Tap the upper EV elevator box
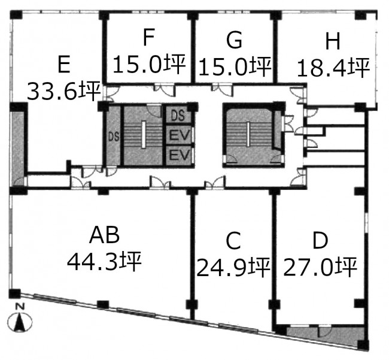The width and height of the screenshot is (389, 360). click(x=178, y=135)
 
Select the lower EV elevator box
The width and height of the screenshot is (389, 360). click(x=178, y=156)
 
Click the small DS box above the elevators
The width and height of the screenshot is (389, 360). click(x=178, y=116)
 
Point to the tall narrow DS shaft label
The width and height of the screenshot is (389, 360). click(x=114, y=137)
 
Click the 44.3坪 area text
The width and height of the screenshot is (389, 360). click(x=104, y=261)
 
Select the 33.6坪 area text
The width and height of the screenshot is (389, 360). click(x=64, y=91)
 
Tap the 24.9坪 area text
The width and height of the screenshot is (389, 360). click(x=233, y=267)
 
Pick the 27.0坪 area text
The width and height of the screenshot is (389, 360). click(x=320, y=267)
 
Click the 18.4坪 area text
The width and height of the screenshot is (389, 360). click(x=333, y=68)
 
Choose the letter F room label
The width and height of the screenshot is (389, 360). click(x=149, y=38)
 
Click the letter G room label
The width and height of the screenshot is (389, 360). click(x=235, y=40)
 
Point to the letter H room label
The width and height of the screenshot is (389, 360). click(x=332, y=41)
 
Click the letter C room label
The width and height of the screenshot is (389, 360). click(x=233, y=240)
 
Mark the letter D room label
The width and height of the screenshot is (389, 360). click(x=320, y=240)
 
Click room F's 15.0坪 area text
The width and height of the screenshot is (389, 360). click(x=150, y=64)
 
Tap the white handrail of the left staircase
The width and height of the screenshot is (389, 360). click(x=144, y=134)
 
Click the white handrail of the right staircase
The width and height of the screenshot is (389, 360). click(x=248, y=134)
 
